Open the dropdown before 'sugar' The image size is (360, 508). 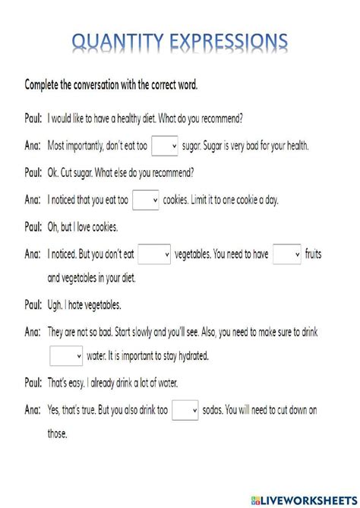pyautogui.click(x=165, y=145)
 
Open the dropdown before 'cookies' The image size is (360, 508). pyautogui.click(x=145, y=200)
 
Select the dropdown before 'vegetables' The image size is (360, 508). pyautogui.click(x=154, y=255)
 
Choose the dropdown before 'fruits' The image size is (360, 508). pyautogui.click(x=287, y=255)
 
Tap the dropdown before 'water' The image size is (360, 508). pyautogui.click(x=66, y=355)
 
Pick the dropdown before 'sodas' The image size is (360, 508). pyautogui.click(x=185, y=410)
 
